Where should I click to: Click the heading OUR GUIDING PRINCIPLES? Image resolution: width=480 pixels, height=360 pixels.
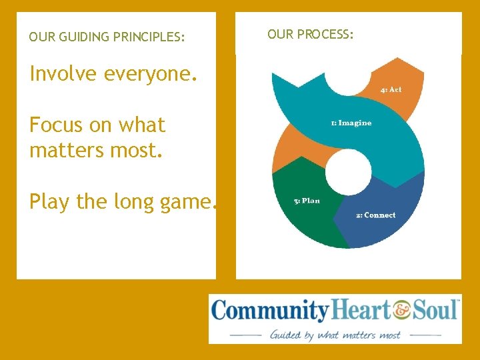(107, 38)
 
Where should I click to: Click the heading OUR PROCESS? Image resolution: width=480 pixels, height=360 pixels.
(310, 34)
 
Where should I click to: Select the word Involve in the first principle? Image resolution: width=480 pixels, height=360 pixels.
(63, 73)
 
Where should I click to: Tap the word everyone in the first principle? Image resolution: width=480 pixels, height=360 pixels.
(150, 73)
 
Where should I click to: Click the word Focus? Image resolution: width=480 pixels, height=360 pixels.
(57, 125)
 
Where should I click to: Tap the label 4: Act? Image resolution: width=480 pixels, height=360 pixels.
(391, 89)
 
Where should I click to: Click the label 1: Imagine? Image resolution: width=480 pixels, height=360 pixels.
(351, 123)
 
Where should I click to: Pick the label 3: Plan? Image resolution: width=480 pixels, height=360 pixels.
(307, 201)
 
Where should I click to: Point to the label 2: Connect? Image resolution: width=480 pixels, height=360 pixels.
(375, 215)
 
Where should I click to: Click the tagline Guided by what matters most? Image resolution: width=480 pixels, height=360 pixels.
(335, 335)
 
